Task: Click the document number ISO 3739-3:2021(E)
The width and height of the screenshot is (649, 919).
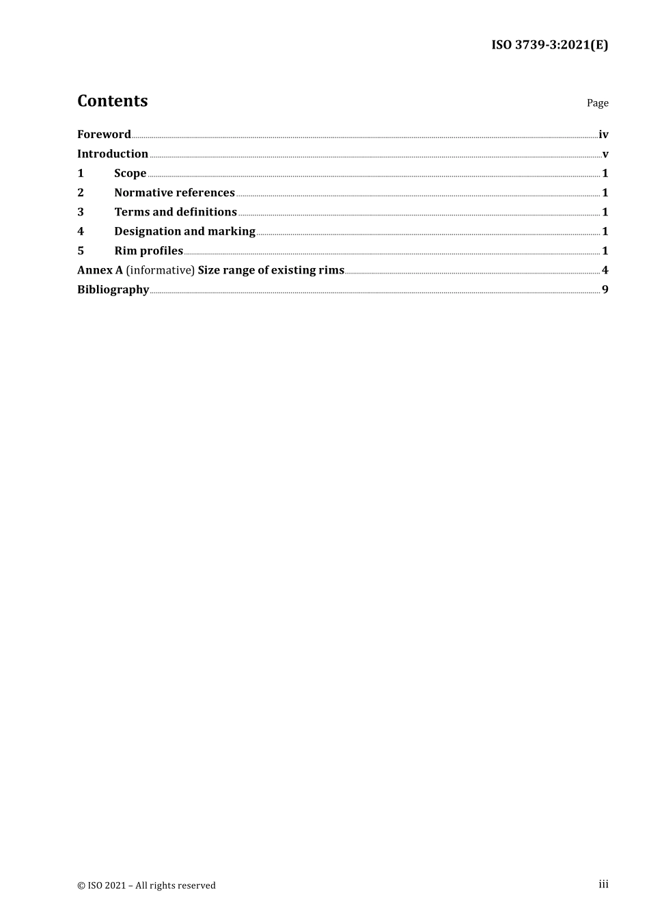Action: [549, 45]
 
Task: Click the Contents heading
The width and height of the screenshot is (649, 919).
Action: [112, 101]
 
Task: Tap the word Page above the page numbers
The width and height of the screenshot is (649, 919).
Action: [597, 103]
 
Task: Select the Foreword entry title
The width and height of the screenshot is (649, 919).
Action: [104, 135]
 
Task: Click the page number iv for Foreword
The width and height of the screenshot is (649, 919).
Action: [603, 135]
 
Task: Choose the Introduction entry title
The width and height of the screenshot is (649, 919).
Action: [113, 154]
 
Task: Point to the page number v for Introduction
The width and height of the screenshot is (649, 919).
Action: [605, 155]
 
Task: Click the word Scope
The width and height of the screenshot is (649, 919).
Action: [130, 174]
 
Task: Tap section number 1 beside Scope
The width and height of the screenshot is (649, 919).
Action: [81, 174]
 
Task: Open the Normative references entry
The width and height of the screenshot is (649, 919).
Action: [174, 193]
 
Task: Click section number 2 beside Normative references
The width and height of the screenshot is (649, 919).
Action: [81, 193]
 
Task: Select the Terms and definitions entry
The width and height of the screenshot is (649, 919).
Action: [176, 212]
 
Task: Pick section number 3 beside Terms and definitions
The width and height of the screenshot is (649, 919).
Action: [81, 212]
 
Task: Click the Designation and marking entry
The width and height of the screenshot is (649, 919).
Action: [184, 231]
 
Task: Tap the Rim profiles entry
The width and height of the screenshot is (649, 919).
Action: [148, 251]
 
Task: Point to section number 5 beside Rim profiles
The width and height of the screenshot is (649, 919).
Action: [81, 251]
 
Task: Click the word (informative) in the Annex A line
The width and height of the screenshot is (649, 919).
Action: [160, 270]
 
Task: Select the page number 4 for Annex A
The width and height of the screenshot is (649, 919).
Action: [605, 270]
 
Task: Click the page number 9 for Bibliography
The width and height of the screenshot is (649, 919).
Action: [605, 289]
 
